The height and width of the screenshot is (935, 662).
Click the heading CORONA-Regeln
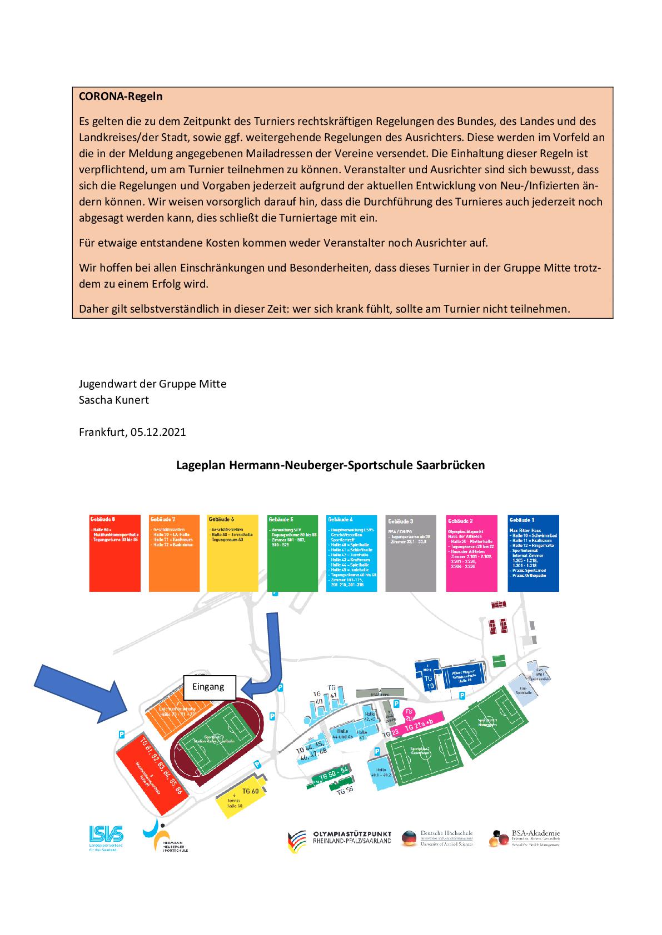pyautogui.click(x=121, y=96)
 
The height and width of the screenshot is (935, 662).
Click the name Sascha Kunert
pyautogui.click(x=114, y=400)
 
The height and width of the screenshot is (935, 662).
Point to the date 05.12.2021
pyautogui.click(x=159, y=432)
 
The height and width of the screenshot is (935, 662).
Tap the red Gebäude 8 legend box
pyautogui.click(x=115, y=553)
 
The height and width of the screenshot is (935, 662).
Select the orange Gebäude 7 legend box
pyautogui.click(x=174, y=553)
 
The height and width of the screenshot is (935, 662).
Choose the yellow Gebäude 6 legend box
pyautogui.click(x=232, y=553)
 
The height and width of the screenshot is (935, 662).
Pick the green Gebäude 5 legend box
pyautogui.click(x=293, y=553)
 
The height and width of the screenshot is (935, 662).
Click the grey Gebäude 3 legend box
pyautogui.click(x=411, y=553)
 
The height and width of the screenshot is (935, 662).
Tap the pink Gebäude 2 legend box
pyautogui.click(x=472, y=553)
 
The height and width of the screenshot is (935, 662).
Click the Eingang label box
pyautogui.click(x=209, y=687)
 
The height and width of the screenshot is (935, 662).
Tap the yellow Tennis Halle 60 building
pyautogui.click(x=238, y=800)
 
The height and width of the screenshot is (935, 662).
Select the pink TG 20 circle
pyautogui.click(x=409, y=713)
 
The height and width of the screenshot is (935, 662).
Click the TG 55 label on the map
pyautogui.click(x=345, y=791)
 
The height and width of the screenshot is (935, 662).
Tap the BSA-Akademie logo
pyautogui.click(x=524, y=838)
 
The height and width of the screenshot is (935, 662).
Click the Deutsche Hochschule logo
pyautogui.click(x=437, y=838)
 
